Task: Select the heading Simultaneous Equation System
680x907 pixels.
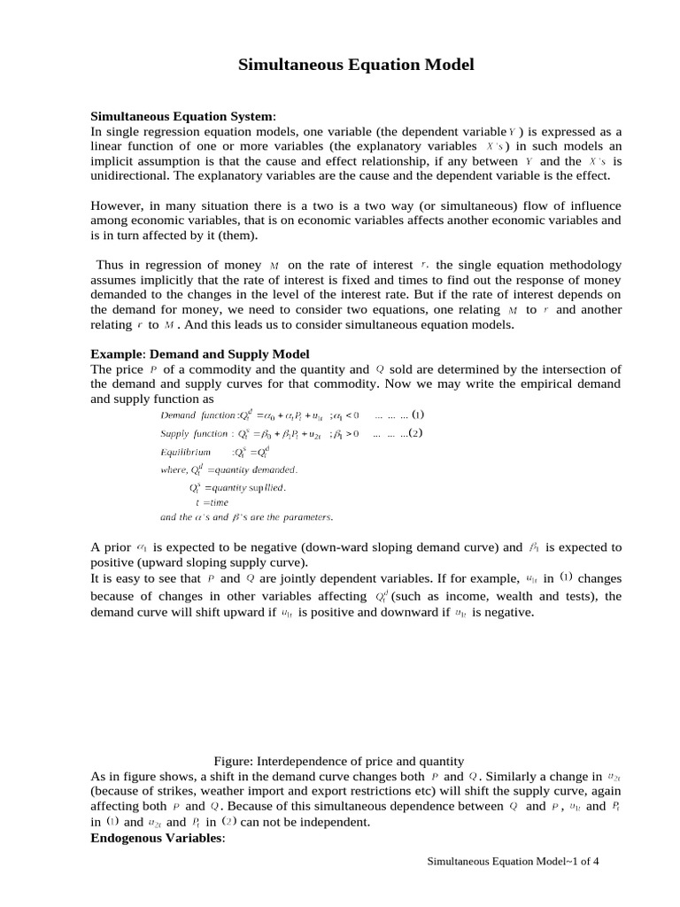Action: click(183, 117)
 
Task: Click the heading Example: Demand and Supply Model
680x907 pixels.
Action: click(200, 354)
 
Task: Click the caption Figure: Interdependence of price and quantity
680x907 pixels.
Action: click(339, 761)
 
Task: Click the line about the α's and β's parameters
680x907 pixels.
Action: click(246, 517)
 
